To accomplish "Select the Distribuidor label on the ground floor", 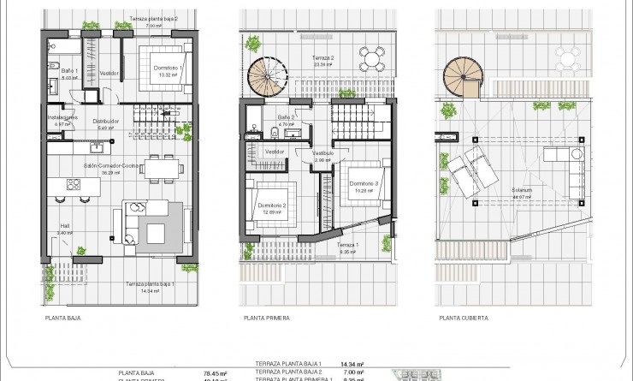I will (x=104, y=122).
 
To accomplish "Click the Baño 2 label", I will (x=286, y=117).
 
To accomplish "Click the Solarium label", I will (x=522, y=190).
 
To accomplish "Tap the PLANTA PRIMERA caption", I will (x=266, y=317).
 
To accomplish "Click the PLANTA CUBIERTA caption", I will (x=463, y=317).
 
